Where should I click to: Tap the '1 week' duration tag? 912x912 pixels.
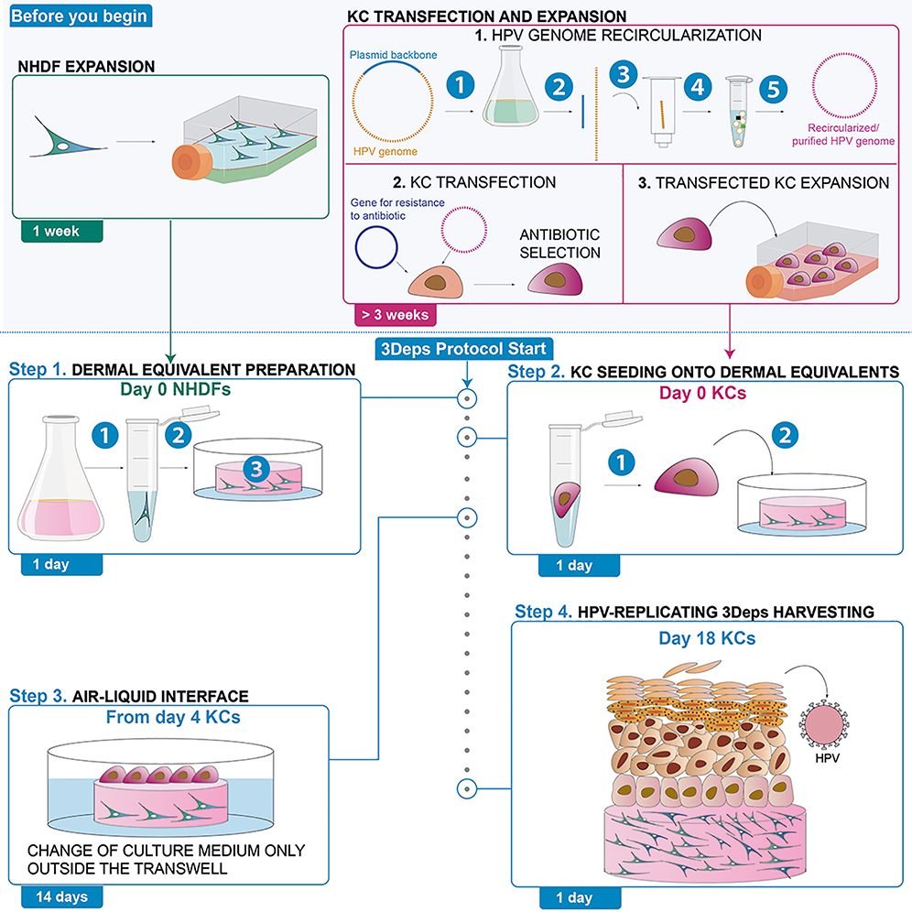pos(58,232)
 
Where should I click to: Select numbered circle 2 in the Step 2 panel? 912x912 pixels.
pos(783,437)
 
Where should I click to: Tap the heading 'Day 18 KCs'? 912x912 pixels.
pos(707,636)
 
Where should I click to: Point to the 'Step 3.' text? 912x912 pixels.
pos(36,695)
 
